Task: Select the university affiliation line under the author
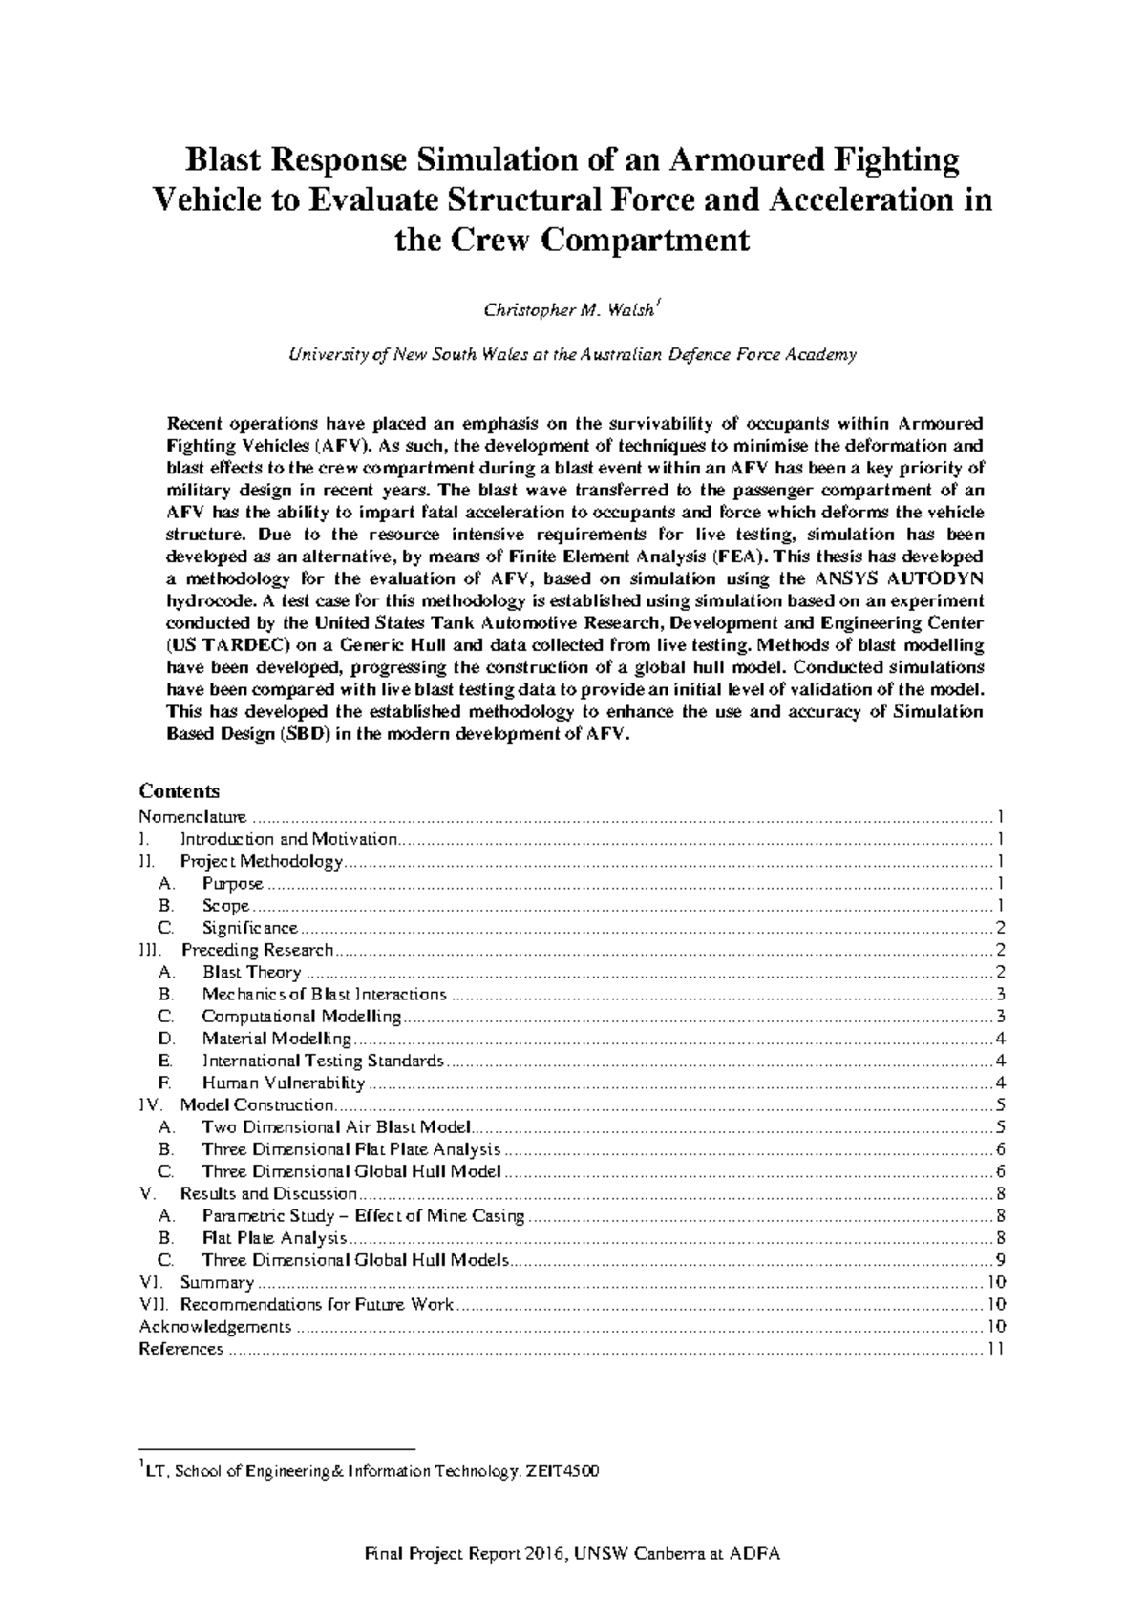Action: [572, 355]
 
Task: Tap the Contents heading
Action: [179, 791]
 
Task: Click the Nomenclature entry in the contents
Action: [192, 817]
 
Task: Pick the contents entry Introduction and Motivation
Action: [288, 839]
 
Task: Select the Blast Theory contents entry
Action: [251, 972]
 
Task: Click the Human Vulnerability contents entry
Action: [283, 1083]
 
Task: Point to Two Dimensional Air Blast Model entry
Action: [336, 1127]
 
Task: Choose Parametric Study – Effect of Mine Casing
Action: [363, 1216]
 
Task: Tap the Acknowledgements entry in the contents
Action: [215, 1327]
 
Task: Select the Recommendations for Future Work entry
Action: [316, 1305]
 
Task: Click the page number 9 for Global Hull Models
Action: [999, 1260]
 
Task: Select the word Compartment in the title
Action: [647, 240]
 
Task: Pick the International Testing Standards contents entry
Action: [322, 1061]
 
